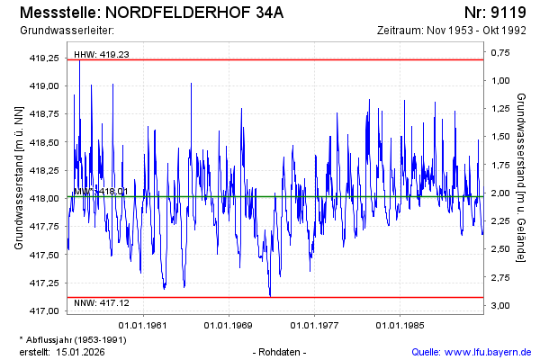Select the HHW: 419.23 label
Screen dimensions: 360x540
[x=102, y=54]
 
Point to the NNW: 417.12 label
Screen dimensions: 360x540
[x=102, y=302]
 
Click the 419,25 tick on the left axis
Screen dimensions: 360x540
[x=44, y=58]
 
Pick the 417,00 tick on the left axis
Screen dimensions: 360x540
[x=44, y=310]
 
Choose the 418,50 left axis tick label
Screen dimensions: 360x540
[x=44, y=142]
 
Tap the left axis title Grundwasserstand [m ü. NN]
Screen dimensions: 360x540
[x=19, y=177]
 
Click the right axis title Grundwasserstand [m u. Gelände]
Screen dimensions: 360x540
[x=521, y=177]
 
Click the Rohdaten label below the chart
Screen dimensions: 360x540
[x=281, y=351]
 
